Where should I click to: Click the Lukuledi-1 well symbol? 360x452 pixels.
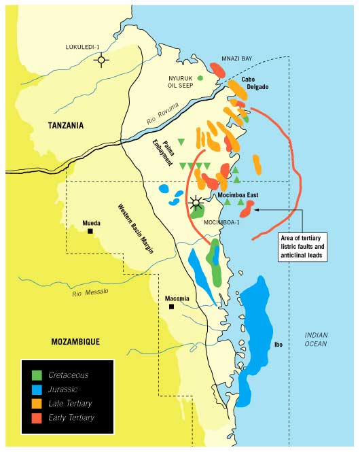(x=101, y=60)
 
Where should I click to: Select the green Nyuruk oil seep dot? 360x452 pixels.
(x=200, y=79)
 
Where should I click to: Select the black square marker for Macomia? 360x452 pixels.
(x=172, y=307)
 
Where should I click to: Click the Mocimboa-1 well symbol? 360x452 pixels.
(x=197, y=202)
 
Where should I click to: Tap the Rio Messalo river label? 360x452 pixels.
(x=94, y=291)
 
